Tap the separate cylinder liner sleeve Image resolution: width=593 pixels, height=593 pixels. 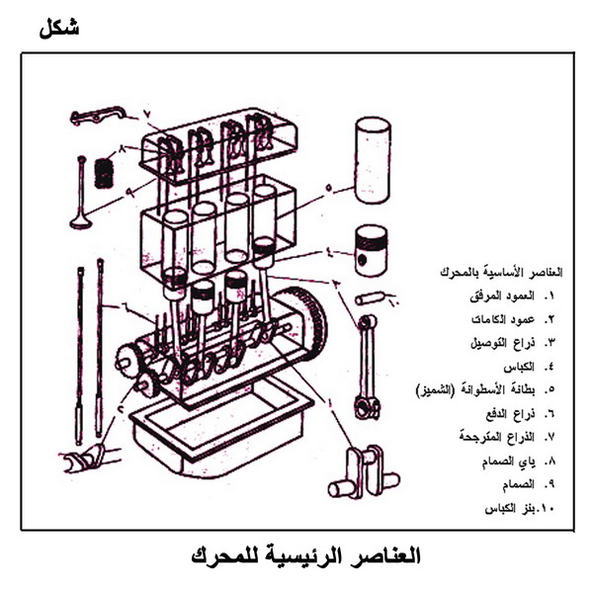coord(373,160)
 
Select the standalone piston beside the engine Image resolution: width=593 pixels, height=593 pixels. coord(372,249)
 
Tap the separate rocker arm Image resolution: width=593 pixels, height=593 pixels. coord(97,116)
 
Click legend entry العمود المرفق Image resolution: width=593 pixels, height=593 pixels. coord(514,296)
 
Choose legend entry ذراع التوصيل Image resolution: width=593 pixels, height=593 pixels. coord(514,343)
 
